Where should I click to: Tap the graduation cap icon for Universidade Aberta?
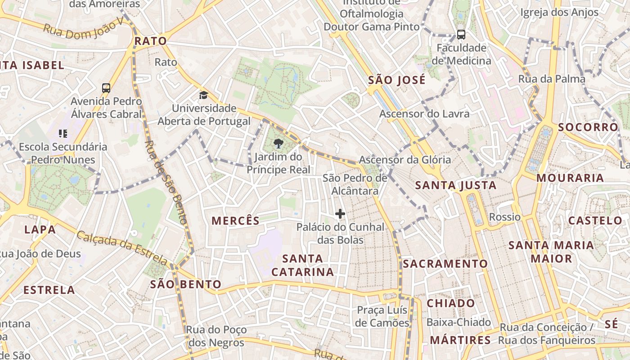pos(204,95)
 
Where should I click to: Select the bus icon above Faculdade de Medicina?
pos(461,34)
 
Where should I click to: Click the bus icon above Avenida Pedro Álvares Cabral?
pos(106,88)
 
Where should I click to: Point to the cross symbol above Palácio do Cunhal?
pos(340,213)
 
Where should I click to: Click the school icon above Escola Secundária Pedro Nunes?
pos(63,133)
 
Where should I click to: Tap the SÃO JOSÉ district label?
pos(396,81)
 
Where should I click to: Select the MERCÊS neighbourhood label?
pos(235,220)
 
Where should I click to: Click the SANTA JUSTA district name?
pos(455,185)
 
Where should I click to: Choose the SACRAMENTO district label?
pos(445,264)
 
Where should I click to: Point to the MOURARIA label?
pos(570,178)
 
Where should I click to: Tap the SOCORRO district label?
pos(588,127)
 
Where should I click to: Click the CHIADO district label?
pos(450,303)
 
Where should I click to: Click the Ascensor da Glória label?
pos(405,159)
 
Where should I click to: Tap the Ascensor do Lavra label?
pos(424,114)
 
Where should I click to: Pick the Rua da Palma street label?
pos(552,79)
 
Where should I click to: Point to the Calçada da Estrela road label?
pos(122,247)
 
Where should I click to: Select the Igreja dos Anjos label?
pos(559,13)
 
